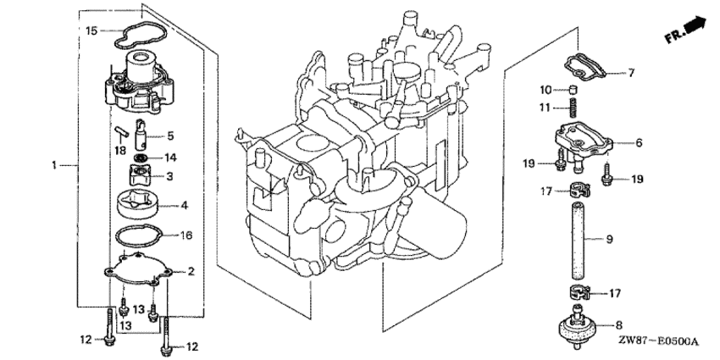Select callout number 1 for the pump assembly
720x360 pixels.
click(x=55, y=165)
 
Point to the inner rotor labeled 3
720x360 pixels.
click(x=139, y=176)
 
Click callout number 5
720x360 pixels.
click(x=170, y=135)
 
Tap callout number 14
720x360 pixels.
click(x=170, y=158)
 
